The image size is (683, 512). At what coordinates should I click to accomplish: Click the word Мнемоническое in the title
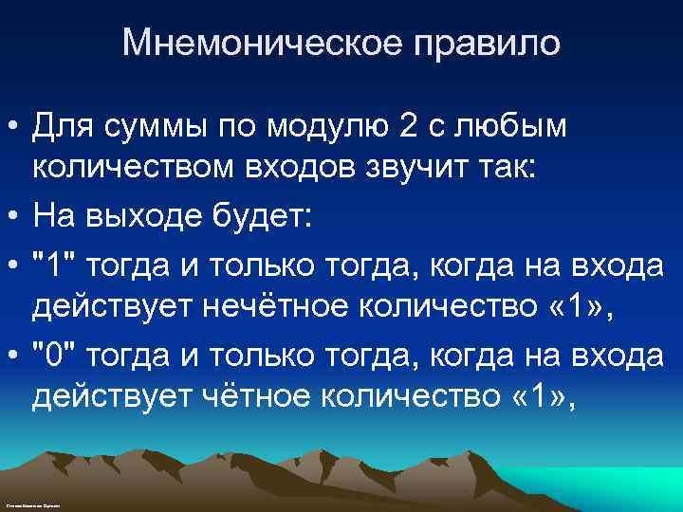pyautogui.click(x=235, y=44)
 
